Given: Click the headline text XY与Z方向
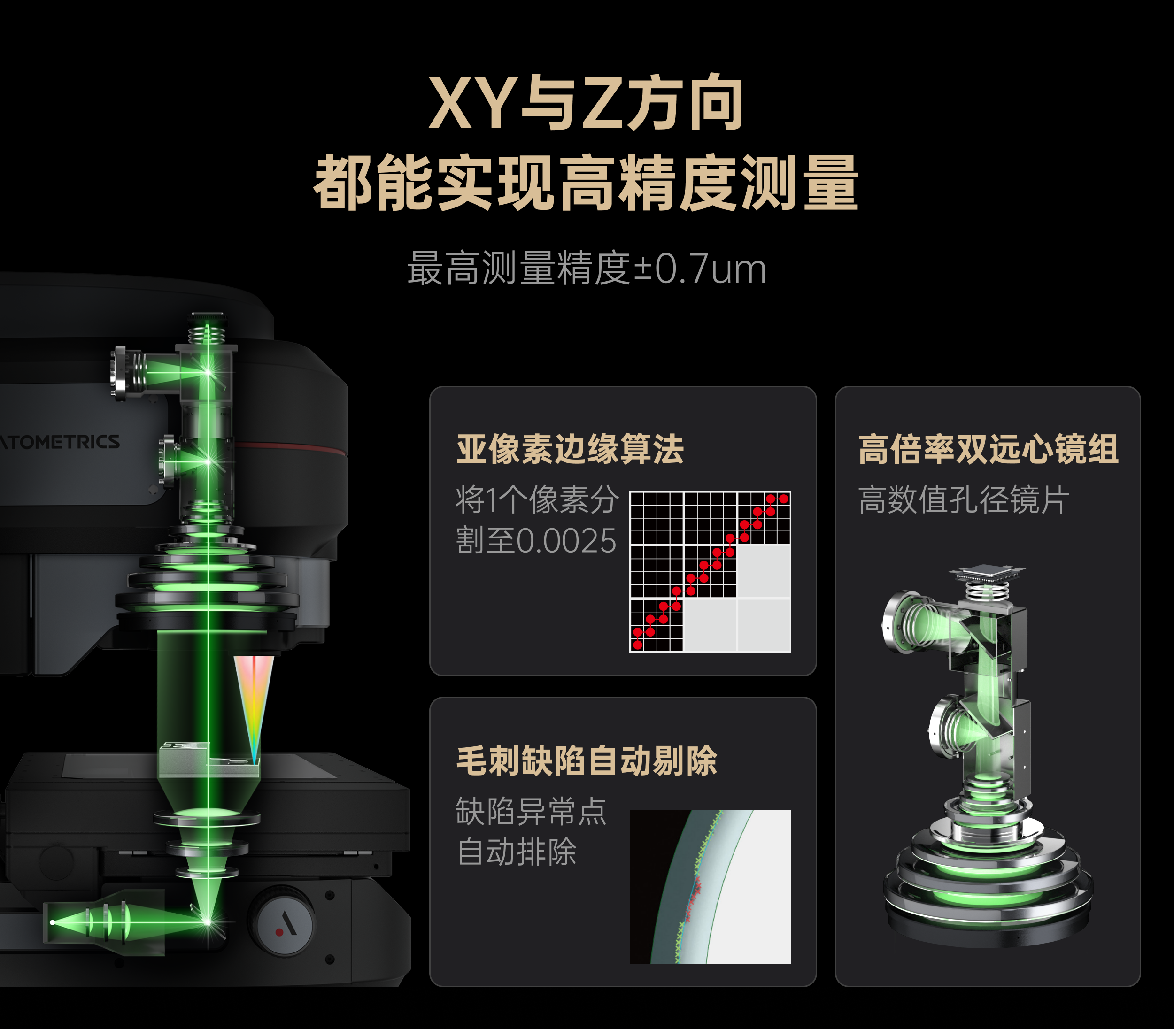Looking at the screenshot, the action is [x=586, y=103].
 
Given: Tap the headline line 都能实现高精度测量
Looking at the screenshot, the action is [x=586, y=183].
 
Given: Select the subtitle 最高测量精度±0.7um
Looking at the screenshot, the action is [x=587, y=268].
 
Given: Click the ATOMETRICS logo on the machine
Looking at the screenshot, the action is [x=60, y=442].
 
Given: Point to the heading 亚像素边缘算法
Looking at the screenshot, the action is [x=570, y=449].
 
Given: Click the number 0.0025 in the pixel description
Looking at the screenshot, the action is [x=566, y=541].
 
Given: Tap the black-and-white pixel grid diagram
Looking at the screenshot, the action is [x=710, y=572].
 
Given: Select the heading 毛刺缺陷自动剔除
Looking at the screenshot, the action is [x=587, y=761].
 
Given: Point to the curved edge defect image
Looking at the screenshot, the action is [x=710, y=887].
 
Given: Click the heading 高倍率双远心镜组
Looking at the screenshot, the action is [x=988, y=449].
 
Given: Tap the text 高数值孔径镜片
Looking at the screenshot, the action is [x=963, y=499].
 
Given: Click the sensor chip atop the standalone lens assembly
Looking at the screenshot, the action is [x=987, y=571].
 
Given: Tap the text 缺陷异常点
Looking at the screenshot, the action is [x=531, y=811].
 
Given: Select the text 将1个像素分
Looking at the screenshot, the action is [x=537, y=499].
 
